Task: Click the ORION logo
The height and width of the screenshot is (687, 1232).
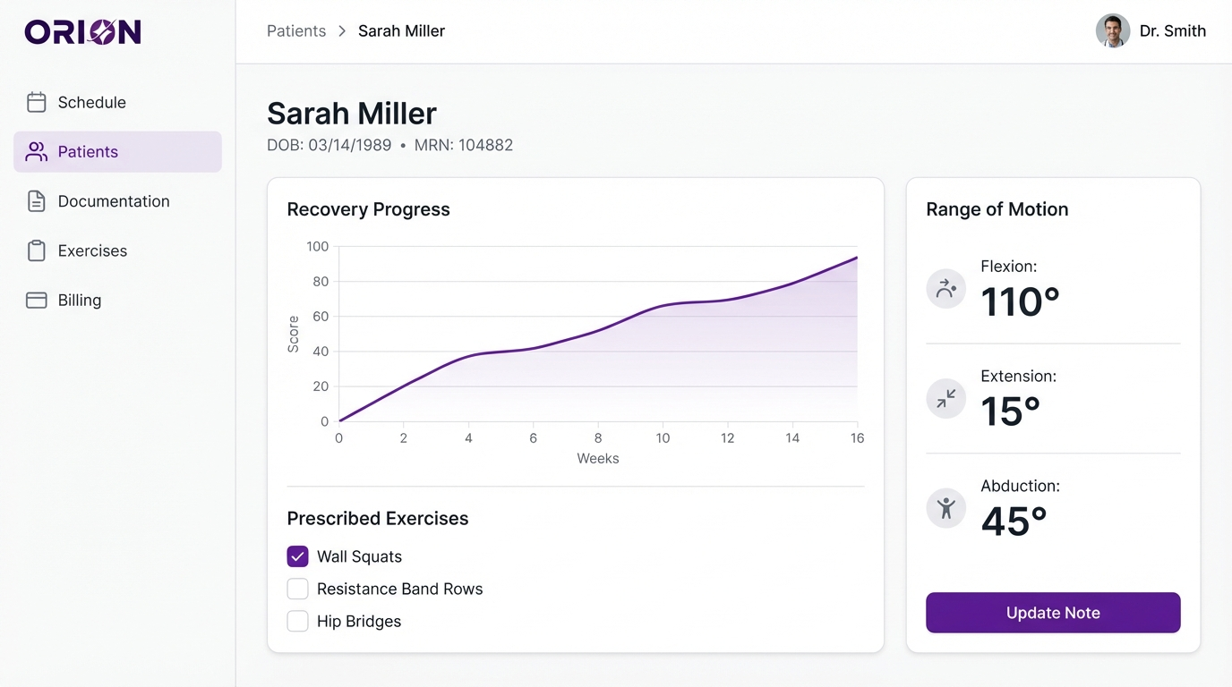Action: click(82, 32)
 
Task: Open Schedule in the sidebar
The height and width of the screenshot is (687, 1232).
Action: click(91, 103)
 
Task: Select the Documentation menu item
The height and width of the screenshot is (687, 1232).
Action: click(113, 201)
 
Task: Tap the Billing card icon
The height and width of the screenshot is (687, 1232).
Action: click(37, 301)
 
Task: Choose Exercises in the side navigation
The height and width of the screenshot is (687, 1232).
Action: click(92, 250)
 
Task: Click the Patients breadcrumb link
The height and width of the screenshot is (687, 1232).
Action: click(296, 31)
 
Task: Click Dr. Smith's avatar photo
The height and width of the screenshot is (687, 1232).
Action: click(1112, 31)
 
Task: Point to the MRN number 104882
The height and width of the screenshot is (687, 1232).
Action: click(485, 145)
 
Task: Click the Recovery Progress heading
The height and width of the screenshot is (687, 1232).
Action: click(368, 209)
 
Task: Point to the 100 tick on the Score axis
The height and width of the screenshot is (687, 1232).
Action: click(317, 247)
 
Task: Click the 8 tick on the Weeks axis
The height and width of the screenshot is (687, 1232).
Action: click(598, 438)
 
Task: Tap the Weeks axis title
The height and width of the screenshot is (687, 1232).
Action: click(597, 459)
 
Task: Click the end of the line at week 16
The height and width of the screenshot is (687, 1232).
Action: click(857, 258)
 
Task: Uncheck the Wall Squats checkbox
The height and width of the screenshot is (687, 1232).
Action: click(297, 556)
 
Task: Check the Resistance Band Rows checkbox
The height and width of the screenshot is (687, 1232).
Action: click(297, 589)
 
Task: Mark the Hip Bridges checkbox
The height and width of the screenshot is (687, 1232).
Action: click(297, 621)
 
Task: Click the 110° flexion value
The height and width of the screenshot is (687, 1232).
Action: click(1020, 302)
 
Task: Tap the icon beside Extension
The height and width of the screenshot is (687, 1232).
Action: click(945, 399)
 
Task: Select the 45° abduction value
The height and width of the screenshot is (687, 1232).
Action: click(1014, 522)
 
